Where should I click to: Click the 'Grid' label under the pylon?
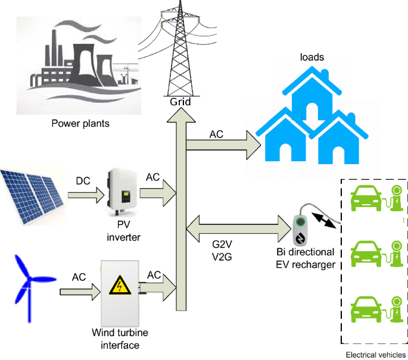(x=180, y=102)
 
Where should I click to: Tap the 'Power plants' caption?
(x=80, y=124)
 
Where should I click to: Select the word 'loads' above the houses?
(x=312, y=58)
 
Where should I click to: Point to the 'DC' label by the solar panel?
(x=83, y=180)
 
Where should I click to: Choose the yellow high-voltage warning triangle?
(x=121, y=286)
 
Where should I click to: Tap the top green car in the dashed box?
(x=369, y=199)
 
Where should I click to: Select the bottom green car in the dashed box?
(x=369, y=310)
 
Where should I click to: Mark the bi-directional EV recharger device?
(x=301, y=229)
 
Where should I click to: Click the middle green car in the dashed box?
(x=369, y=255)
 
